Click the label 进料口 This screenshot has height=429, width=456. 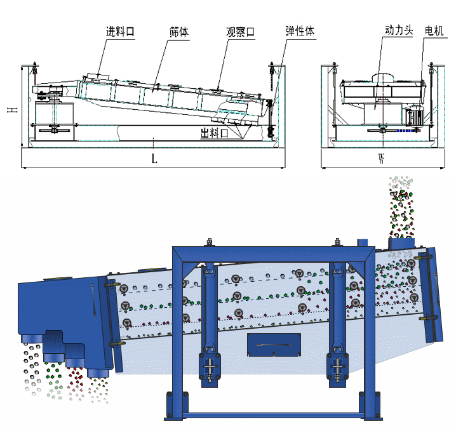[120, 31]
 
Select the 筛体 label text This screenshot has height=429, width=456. [179, 31]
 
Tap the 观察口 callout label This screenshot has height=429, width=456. [241, 31]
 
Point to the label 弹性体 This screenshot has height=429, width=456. [300, 31]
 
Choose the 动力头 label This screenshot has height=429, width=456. [400, 30]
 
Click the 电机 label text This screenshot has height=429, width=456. [434, 30]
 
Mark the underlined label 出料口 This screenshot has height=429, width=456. [214, 133]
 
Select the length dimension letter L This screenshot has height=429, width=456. [154, 159]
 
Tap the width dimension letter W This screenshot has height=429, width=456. [381, 159]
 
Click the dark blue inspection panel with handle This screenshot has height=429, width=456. [274, 345]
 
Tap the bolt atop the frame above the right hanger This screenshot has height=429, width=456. [337, 242]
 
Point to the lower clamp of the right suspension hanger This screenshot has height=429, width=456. [337, 368]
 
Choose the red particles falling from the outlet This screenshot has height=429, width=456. [77, 379]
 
